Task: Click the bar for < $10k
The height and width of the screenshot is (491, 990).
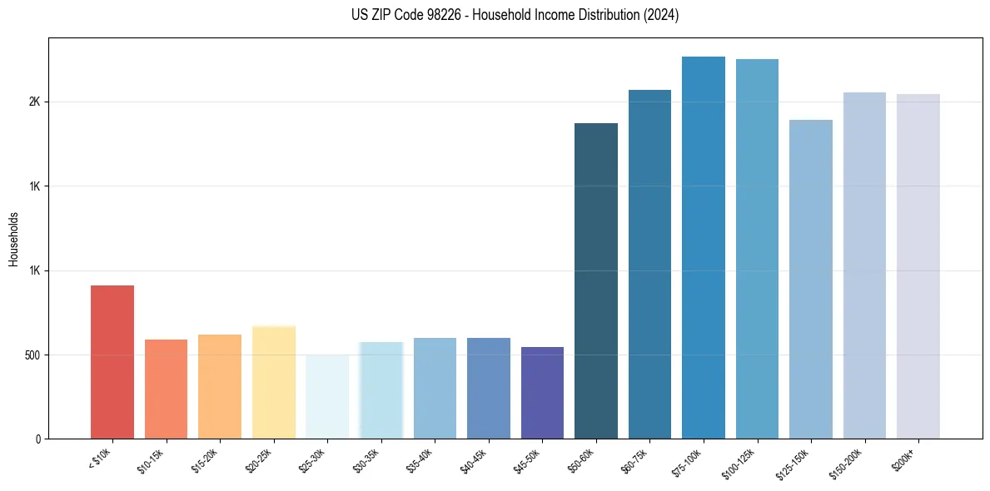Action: [112, 362]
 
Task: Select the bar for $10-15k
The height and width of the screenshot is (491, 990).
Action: [166, 389]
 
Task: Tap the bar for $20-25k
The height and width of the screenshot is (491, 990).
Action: [273, 382]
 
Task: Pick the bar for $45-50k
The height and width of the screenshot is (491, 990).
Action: [542, 393]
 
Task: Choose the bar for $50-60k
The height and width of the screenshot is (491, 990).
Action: [596, 280]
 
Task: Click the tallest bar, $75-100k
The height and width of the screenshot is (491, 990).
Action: [704, 247]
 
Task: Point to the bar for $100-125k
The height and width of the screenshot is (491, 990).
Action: [757, 249]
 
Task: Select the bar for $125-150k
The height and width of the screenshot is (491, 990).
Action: [811, 279]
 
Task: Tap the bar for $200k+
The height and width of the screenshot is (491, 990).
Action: [918, 266]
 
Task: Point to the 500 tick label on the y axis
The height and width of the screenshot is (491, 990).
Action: [32, 355]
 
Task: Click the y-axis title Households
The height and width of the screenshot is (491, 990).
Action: [13, 238]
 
